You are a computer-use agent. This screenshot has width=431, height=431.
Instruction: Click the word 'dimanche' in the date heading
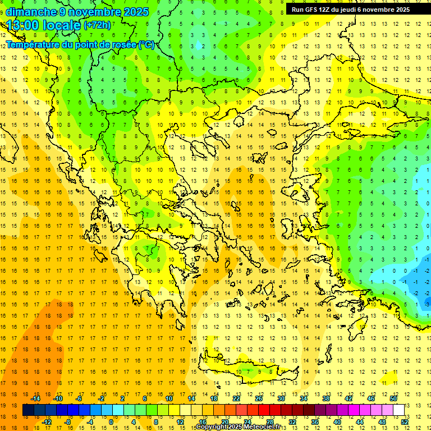pos(31,12)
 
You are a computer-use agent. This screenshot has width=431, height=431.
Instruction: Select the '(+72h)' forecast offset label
pos(98,25)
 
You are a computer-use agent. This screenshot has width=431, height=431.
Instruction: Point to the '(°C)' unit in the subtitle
pos(146,45)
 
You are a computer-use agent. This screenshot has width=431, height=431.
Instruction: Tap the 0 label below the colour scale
pos(111,422)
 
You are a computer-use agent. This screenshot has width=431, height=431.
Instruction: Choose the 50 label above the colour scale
pos(393,398)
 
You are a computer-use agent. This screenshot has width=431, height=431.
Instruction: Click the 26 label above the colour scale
pos(259,398)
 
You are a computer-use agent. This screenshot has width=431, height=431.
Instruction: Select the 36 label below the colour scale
pos(315,422)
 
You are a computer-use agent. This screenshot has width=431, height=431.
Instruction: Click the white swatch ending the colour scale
pos(399,410)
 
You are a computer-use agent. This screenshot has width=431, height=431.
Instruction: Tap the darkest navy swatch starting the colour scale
pos(29,410)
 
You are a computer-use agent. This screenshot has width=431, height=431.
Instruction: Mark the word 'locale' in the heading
pos(63,25)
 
